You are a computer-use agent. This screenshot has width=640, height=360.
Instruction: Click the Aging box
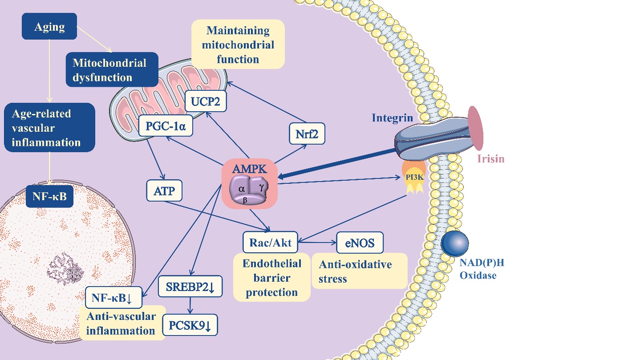click(49, 26)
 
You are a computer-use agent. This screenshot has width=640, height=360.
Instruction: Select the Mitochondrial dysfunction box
click(109, 69)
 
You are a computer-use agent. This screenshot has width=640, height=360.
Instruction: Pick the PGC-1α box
click(165, 127)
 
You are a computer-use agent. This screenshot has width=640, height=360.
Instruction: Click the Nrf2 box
click(307, 133)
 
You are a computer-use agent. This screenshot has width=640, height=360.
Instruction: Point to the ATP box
click(165, 191)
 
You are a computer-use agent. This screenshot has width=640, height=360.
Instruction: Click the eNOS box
click(360, 243)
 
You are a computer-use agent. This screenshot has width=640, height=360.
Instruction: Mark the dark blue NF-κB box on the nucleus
click(49, 195)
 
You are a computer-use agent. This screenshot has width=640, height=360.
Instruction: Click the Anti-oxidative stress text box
click(360, 271)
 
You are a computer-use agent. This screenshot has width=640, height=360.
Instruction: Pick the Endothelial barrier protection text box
click(271, 278)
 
